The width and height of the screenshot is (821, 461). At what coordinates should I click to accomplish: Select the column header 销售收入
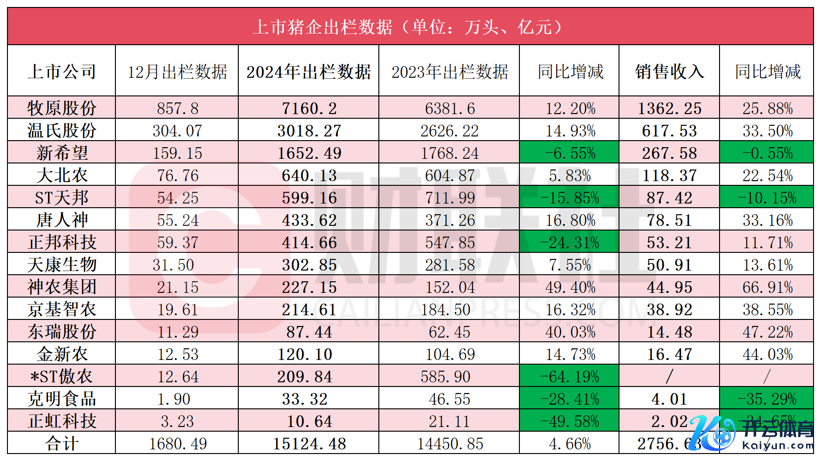(669, 72)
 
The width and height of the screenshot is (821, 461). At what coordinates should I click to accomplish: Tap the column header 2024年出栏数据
(309, 72)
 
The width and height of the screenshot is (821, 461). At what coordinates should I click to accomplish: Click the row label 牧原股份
(62, 108)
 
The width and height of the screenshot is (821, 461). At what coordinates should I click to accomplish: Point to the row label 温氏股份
(62, 130)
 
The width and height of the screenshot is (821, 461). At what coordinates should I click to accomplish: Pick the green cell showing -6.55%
(570, 153)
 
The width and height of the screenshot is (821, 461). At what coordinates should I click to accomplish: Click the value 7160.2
(309, 108)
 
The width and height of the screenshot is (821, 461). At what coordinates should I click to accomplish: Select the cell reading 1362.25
(669, 108)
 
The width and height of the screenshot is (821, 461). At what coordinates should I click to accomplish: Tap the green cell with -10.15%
(767, 198)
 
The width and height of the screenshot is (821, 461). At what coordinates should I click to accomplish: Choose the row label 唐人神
(62, 220)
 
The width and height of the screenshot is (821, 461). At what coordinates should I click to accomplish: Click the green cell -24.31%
(570, 243)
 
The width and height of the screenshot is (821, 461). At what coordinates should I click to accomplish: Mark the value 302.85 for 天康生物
(309, 265)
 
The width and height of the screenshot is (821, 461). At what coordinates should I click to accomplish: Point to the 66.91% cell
(767, 287)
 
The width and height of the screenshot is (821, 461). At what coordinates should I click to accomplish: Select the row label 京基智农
(62, 309)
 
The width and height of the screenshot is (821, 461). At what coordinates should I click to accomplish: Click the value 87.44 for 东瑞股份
(309, 332)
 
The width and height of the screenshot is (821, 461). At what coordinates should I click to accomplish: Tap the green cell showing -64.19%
(570, 377)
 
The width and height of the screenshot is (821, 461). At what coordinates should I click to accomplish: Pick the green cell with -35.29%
(767, 399)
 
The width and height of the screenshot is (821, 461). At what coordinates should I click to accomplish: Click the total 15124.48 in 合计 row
(309, 444)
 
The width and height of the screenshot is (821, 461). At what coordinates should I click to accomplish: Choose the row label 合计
(62, 443)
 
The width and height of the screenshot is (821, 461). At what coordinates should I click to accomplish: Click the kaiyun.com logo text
(778, 445)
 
